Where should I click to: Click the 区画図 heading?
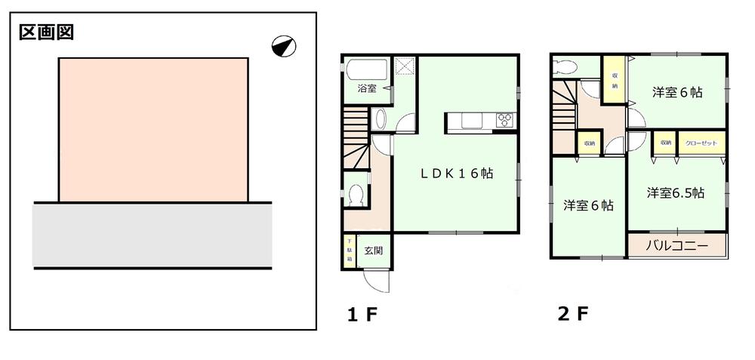coord(45,32)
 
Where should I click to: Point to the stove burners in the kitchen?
coord(504,118)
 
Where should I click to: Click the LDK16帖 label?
coord(457,173)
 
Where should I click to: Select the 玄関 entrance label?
coord(374,251)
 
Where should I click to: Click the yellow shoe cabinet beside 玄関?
coord(350,251)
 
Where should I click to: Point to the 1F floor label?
coord(361,314)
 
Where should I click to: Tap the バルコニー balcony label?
coord(677,247)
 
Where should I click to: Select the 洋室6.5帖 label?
coord(675,192)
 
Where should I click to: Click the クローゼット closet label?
coord(702,142)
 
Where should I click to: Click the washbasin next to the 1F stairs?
coord(380,119)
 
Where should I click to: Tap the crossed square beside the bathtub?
coord(405,66)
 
